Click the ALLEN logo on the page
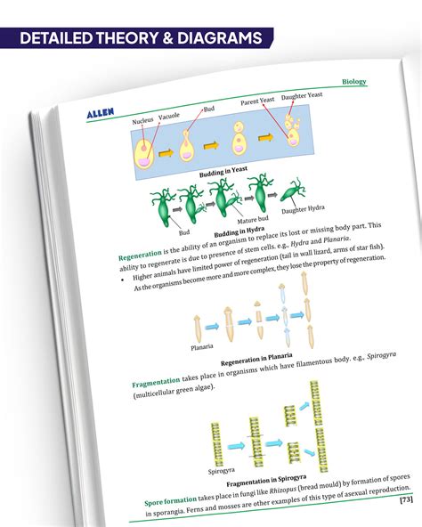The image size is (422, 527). (101, 113)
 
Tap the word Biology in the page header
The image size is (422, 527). (354, 82)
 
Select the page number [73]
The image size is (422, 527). (406, 499)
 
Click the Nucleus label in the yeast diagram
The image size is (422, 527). (142, 121)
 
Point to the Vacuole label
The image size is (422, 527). (169, 117)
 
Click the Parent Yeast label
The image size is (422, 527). (257, 101)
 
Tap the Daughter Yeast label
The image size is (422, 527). (302, 96)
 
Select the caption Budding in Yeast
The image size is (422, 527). (223, 172)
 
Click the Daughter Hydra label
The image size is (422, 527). (303, 209)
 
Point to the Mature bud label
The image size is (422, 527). (253, 220)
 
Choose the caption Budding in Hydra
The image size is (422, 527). (239, 231)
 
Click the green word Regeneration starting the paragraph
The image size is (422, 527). (140, 255)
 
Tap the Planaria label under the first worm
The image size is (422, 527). (202, 347)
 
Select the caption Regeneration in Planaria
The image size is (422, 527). (256, 360)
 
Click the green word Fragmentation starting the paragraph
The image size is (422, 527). (156, 383)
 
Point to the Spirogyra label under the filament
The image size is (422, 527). (222, 471)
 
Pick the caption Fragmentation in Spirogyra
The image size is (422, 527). (266, 481)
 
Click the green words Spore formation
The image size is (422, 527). (170, 500)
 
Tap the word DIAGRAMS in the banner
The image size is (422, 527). (220, 38)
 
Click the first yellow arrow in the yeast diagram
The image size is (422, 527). (166, 153)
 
